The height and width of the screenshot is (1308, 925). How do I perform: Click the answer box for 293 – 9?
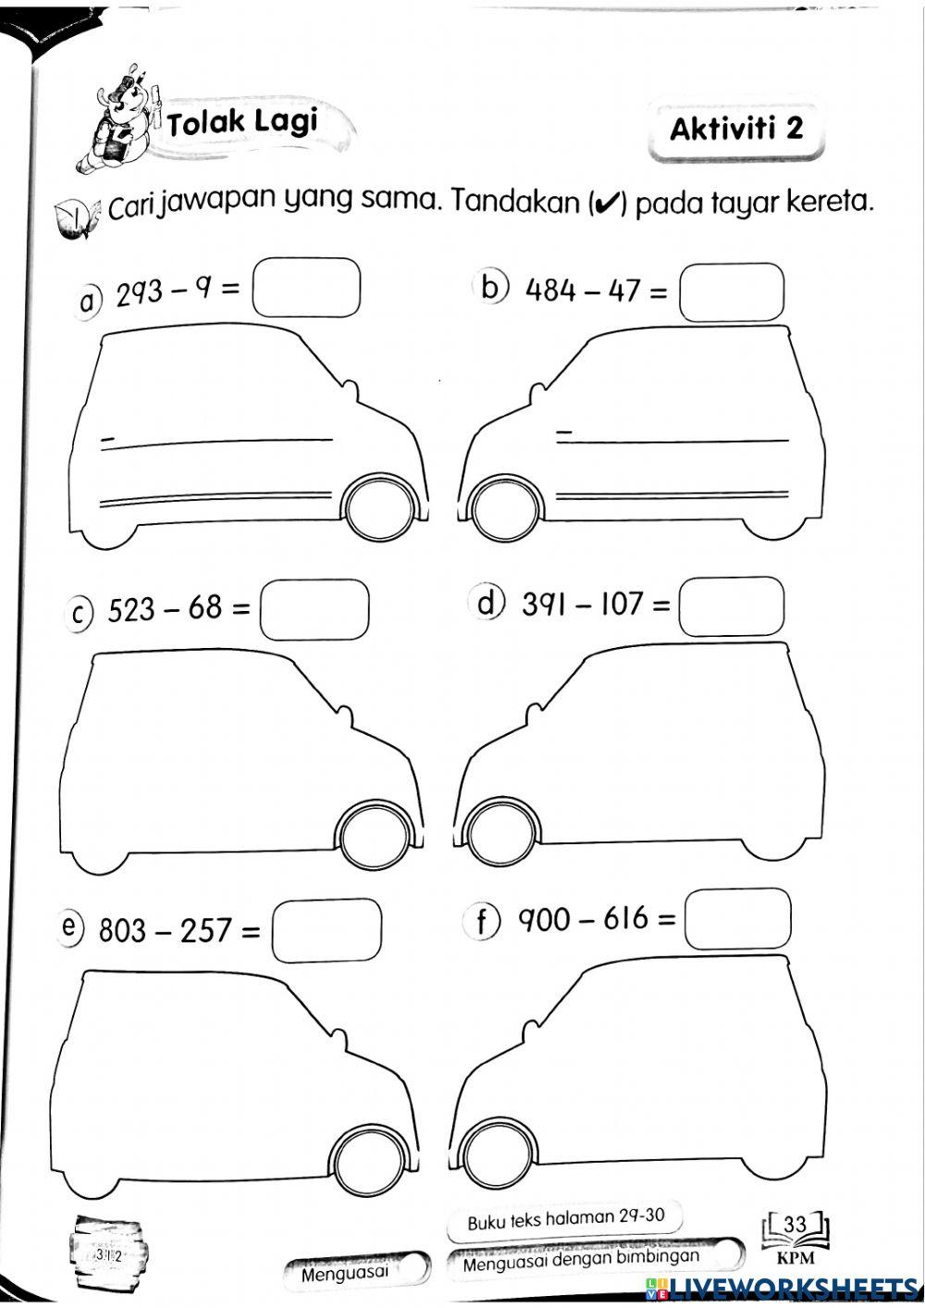point(306,289)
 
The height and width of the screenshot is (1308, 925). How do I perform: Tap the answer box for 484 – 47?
point(732,293)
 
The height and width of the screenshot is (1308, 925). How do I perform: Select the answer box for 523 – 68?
point(314,609)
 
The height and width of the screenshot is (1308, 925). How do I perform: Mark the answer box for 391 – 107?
point(732,606)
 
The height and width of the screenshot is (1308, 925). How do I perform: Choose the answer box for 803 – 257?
point(327,931)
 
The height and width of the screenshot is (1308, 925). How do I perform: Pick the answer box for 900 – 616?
point(737,918)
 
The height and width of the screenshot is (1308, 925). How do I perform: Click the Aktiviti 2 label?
point(736,128)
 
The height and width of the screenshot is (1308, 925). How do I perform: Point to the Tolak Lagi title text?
point(242,121)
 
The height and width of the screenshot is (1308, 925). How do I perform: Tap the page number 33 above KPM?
point(795,1224)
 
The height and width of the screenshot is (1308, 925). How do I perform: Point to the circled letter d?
point(488,603)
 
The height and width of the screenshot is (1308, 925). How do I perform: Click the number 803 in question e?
point(123,929)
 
